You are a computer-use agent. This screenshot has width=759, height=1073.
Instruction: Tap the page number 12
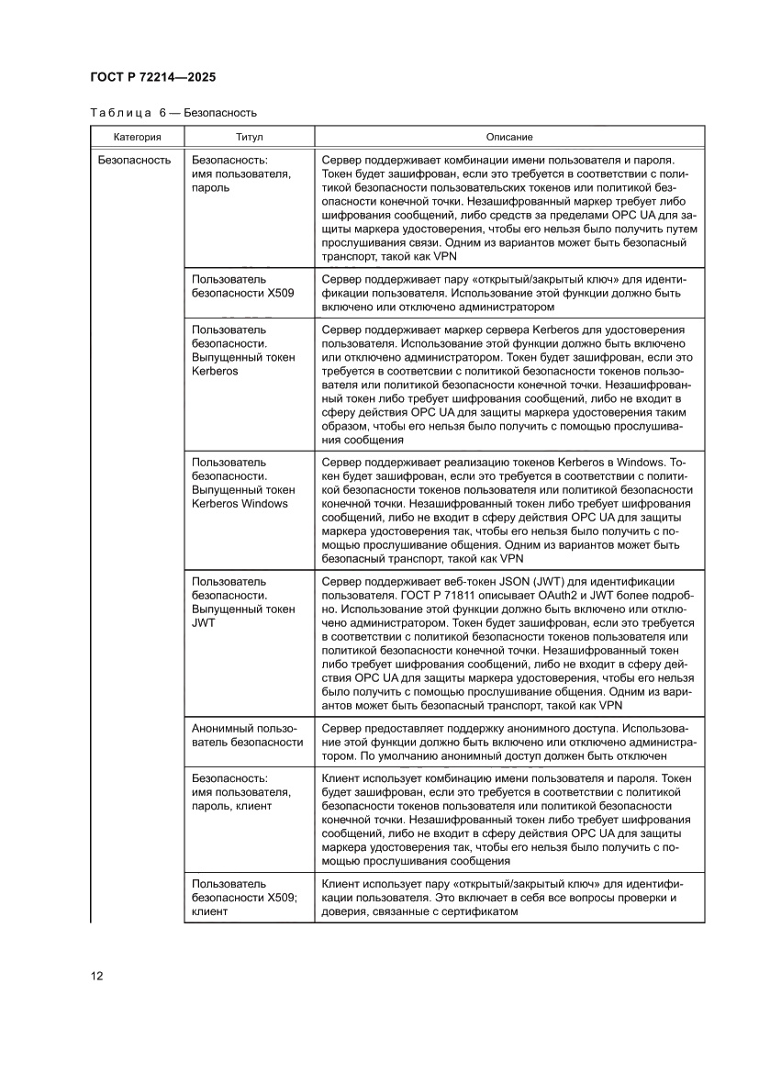(x=96, y=975)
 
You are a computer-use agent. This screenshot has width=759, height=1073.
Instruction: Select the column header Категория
(x=137, y=137)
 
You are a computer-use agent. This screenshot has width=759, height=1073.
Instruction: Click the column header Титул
(x=249, y=137)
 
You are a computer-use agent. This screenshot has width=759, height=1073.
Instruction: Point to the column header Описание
(x=508, y=137)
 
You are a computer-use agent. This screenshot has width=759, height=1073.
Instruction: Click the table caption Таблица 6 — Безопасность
(x=173, y=113)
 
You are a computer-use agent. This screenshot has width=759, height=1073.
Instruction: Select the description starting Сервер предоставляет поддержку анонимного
(x=509, y=742)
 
